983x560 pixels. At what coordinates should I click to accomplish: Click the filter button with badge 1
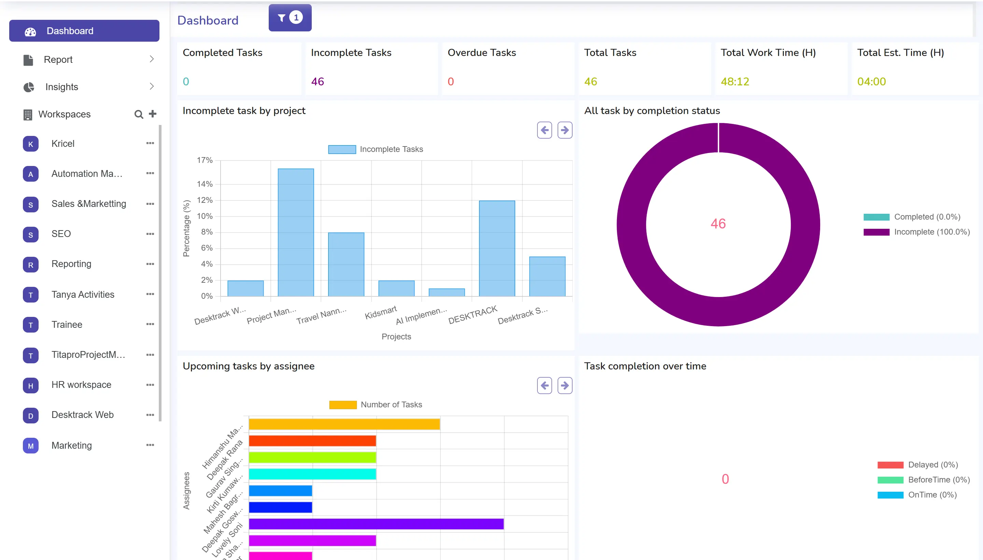[290, 18]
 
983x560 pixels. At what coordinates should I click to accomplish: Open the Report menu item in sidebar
[58, 60]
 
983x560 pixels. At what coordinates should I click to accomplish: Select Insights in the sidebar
[61, 87]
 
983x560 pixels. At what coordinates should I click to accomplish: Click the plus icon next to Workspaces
[153, 114]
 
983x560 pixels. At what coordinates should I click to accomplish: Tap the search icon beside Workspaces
[138, 114]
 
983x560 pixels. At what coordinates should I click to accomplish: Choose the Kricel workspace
[63, 143]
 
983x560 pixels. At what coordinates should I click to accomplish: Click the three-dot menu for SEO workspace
[150, 234]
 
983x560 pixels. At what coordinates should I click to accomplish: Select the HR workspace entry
[81, 384]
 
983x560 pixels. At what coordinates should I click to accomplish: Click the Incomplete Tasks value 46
[317, 82]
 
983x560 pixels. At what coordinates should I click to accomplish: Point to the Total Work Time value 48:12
[734, 82]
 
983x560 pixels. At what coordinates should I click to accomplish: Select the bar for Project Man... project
[296, 232]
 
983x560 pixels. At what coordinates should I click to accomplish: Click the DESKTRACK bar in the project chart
[496, 248]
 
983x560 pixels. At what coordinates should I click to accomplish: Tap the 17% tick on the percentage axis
[205, 160]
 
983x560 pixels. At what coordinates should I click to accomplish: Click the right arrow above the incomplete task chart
[565, 130]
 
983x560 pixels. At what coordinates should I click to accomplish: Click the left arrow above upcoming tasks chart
[544, 386]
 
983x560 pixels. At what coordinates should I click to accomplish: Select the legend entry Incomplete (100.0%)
[931, 232]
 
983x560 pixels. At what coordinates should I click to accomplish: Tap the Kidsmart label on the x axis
[380, 313]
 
